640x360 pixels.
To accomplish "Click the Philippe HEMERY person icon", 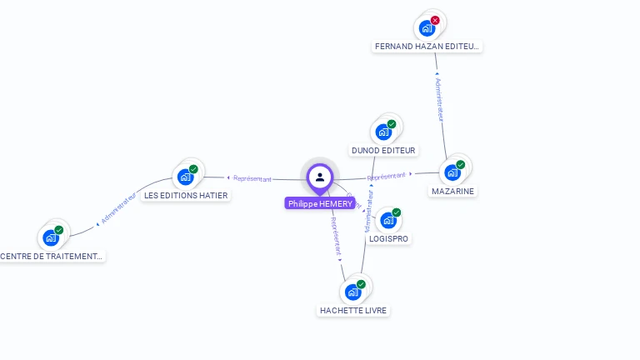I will [x=320, y=177].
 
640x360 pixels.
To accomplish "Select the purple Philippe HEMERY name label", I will [x=320, y=203].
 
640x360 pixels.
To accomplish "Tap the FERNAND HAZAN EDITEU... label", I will [x=427, y=47].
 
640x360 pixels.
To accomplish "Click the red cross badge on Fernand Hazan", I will [x=435, y=20].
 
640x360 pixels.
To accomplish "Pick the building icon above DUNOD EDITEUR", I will [x=383, y=132].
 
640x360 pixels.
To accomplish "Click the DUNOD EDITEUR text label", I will [x=384, y=151].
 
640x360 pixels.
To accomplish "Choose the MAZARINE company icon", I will [x=452, y=172].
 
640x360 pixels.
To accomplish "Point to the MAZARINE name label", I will [x=453, y=191].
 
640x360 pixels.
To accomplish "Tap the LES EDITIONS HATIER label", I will [x=186, y=195].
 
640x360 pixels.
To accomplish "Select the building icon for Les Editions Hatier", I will [x=185, y=177].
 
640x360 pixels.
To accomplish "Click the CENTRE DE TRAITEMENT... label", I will [x=51, y=256].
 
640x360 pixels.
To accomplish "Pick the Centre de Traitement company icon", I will [x=51, y=237].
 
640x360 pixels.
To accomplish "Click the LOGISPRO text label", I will [x=389, y=238].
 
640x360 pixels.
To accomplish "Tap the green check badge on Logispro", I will [x=397, y=212].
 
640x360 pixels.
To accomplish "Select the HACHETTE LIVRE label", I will [x=353, y=310].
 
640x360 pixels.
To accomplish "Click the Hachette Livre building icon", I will [x=353, y=292].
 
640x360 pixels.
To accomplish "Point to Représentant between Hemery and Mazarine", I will [x=387, y=177].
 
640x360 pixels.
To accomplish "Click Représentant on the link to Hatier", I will [x=252, y=178].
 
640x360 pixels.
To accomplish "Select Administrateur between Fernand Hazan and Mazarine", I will [x=441, y=100].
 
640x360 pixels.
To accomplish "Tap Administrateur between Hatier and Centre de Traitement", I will [x=118, y=209].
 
